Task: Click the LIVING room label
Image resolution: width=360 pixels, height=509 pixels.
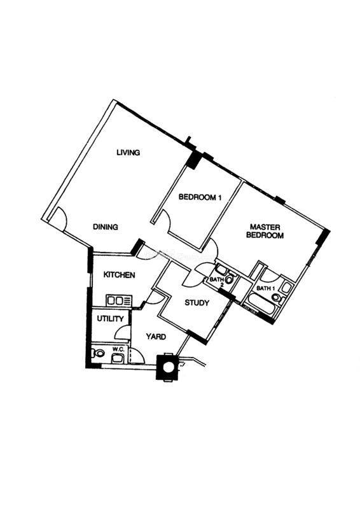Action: tap(128, 152)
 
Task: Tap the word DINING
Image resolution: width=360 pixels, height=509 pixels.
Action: tap(106, 227)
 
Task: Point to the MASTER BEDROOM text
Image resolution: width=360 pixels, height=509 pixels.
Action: tap(265, 231)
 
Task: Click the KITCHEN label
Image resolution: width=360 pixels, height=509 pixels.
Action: tap(119, 275)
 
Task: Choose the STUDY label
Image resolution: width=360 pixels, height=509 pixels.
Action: tap(197, 303)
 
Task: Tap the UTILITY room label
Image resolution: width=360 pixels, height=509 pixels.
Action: tap(111, 319)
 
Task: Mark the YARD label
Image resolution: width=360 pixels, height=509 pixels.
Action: tap(156, 337)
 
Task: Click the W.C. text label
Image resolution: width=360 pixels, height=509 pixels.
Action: tap(117, 349)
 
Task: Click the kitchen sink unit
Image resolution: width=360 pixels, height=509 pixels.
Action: tap(118, 300)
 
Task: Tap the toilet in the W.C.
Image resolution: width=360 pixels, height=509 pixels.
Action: tap(97, 353)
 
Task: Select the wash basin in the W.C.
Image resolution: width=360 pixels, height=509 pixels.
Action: tap(117, 358)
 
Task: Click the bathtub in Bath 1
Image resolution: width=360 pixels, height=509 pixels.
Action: tap(260, 305)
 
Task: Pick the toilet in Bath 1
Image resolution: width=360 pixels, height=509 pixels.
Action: tap(278, 298)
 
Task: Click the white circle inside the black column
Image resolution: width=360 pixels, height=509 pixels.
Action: tap(168, 368)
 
